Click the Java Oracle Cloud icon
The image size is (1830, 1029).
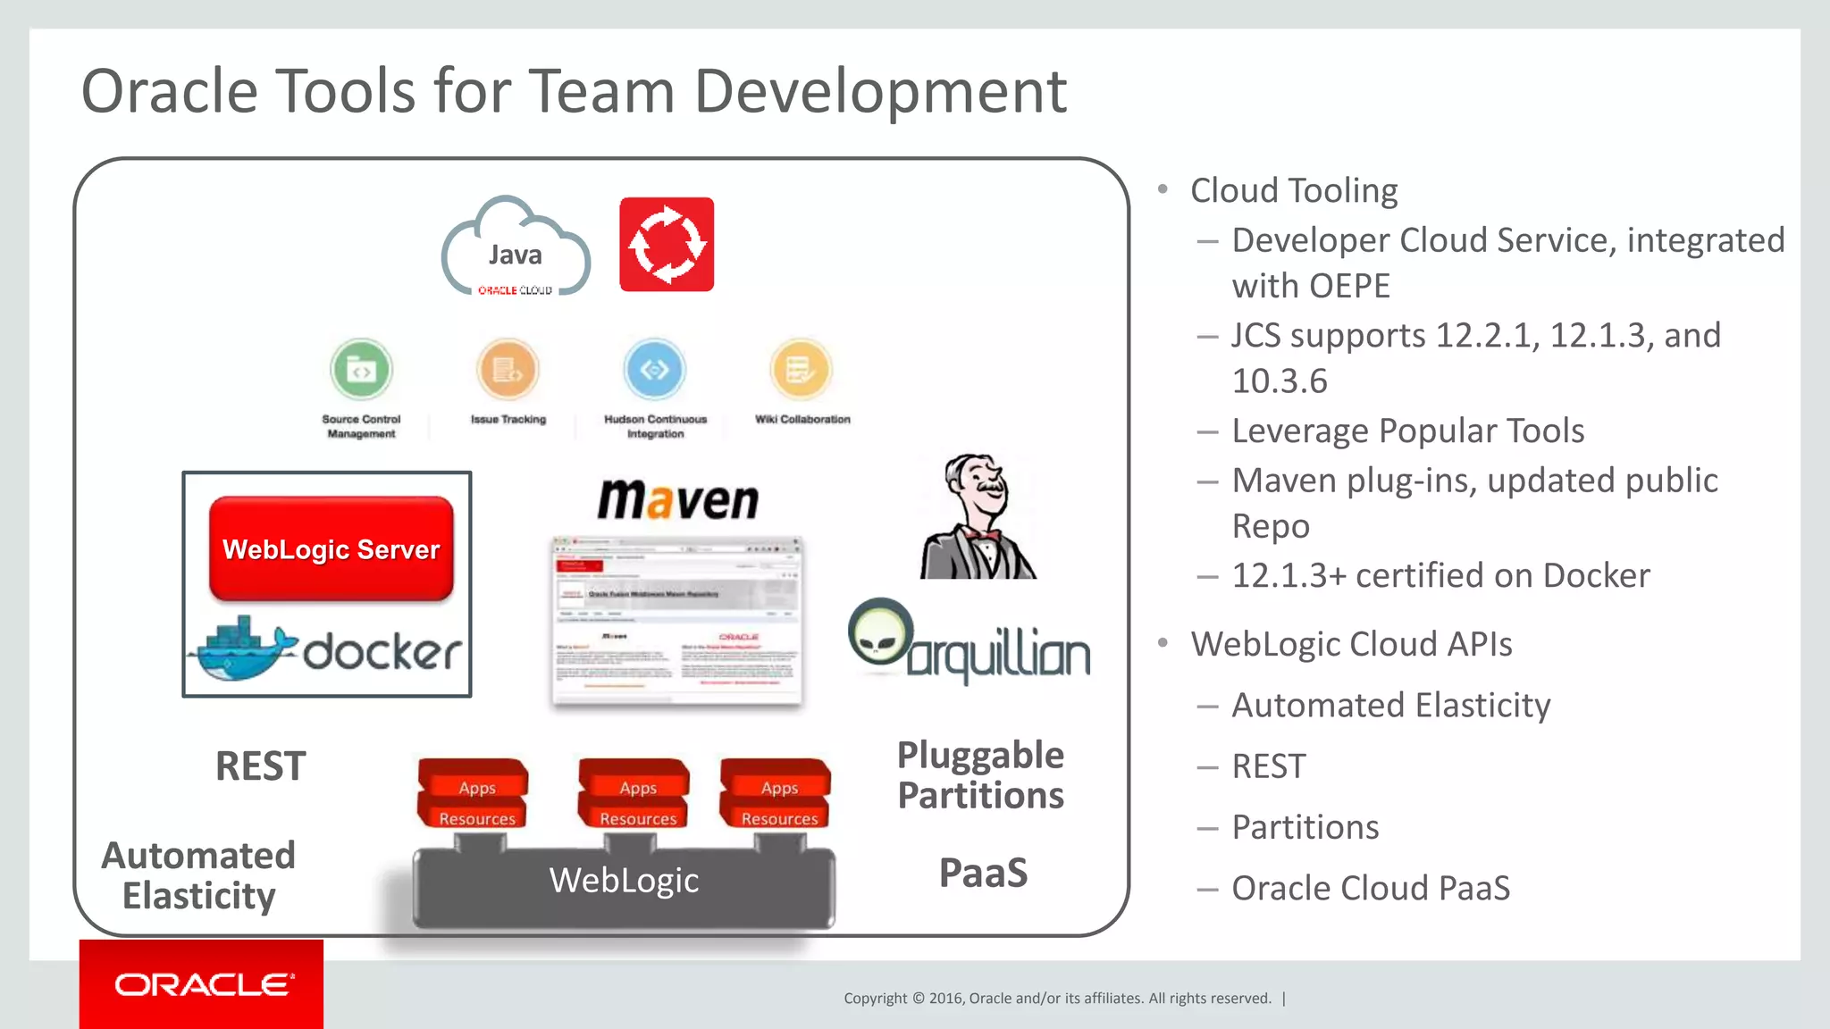point(516,249)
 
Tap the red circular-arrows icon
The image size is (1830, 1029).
point(667,244)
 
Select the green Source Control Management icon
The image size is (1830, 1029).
point(361,369)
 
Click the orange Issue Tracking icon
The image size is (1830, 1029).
point(508,369)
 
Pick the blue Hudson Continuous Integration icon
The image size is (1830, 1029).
point(654,369)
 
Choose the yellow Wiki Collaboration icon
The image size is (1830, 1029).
point(801,369)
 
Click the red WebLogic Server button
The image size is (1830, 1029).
point(331,548)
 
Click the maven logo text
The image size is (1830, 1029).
point(678,499)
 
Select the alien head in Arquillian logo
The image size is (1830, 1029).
point(880,632)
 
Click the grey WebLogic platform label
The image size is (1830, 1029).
point(624,881)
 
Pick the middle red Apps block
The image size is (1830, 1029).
point(636,787)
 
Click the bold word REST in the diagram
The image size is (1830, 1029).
point(260,766)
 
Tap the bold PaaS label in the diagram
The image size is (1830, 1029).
point(983,873)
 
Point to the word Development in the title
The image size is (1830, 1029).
point(879,91)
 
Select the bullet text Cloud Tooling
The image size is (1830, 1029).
point(1293,190)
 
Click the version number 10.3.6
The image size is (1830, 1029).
point(1279,381)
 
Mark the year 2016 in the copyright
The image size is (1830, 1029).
point(945,999)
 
